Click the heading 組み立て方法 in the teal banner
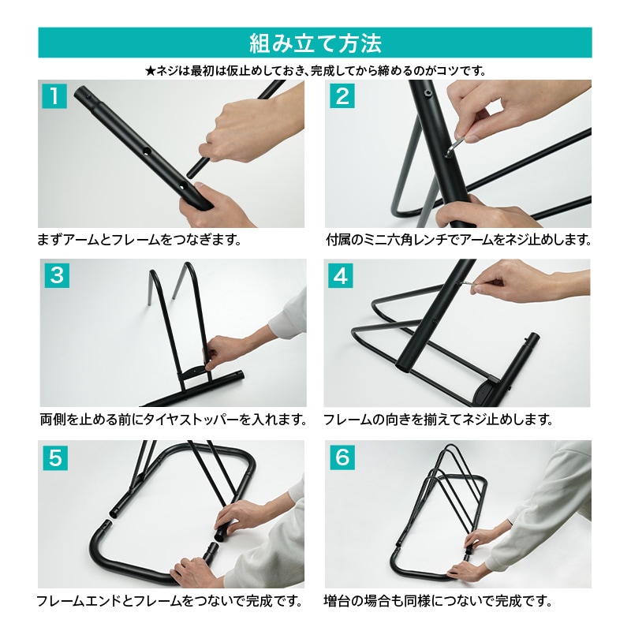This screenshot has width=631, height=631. (x=315, y=43)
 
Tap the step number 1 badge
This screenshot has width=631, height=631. (x=54, y=96)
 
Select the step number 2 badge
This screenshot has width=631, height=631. (x=342, y=96)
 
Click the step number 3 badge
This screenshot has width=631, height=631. (x=57, y=275)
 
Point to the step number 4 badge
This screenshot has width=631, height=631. (x=341, y=275)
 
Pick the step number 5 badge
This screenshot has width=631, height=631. (x=55, y=457)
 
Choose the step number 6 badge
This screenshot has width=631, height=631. (x=342, y=457)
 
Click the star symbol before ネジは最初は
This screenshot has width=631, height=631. (x=150, y=72)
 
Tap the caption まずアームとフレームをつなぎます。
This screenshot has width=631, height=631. (x=140, y=240)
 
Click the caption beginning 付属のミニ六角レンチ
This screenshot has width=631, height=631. (x=459, y=240)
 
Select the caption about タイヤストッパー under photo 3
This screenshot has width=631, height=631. (x=174, y=420)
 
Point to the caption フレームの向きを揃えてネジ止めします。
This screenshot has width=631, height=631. (x=439, y=420)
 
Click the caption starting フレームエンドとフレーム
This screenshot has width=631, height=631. (x=170, y=601)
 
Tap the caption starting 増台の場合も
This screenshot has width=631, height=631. (x=439, y=601)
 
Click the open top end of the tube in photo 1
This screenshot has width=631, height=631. (x=80, y=92)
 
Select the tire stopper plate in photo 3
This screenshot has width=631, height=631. (x=196, y=371)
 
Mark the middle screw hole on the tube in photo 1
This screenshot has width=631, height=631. (x=147, y=151)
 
